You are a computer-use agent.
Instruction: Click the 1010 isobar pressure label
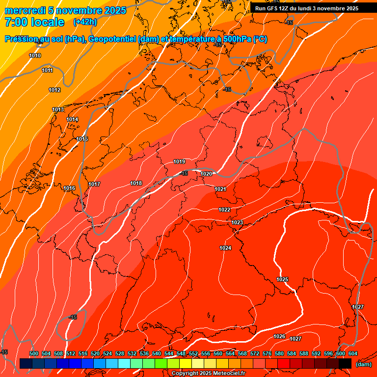coord(35,55)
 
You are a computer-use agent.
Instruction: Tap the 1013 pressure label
coord(58,109)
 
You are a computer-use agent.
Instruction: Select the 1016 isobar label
coord(69,188)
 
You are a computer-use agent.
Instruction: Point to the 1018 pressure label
coord(136,183)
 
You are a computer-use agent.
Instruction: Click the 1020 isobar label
coord(206,174)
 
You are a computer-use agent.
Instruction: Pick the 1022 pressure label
coord(224,210)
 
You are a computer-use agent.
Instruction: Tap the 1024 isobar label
coord(225,248)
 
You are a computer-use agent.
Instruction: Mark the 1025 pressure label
coord(282,279)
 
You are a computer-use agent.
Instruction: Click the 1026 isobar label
coord(279,336)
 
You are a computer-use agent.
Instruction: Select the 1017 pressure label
coord(94,184)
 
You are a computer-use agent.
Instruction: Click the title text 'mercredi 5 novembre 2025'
coord(66,10)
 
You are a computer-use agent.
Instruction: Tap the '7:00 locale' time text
coord(34,22)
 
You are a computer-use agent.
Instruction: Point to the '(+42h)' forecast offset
coord(85,22)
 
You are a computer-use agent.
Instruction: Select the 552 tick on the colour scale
coord(193,353)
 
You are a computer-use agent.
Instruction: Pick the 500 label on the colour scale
coord(34,353)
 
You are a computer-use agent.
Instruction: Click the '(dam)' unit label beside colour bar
coord(363,364)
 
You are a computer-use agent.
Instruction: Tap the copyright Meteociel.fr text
coord(208,374)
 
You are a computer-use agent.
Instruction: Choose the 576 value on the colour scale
coord(267,353)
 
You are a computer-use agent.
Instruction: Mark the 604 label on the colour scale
coord(353,353)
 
